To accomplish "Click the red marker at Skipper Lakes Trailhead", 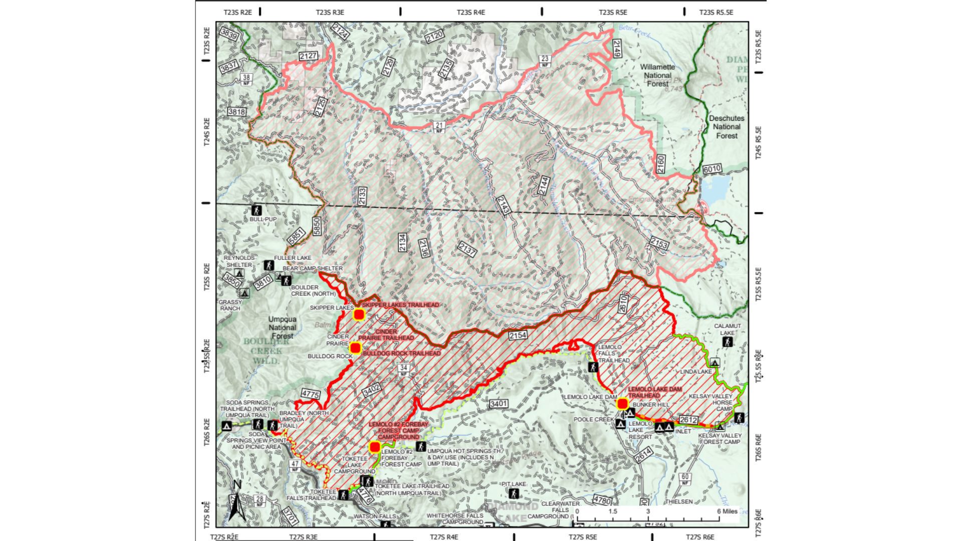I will pos(359,315).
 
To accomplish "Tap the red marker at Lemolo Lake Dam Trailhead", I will pos(623,404).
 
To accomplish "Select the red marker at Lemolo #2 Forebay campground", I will pos(374,447).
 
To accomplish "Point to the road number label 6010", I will pos(711,168).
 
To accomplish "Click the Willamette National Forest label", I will pos(657,75).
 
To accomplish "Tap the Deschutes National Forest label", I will pos(727,127).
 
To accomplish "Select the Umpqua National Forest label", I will pos(282,328).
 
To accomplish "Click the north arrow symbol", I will pos(236,501).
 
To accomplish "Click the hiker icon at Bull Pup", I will pos(257,210).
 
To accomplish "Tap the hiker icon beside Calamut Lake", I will pos(728,342).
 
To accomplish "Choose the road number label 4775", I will pos(311,394).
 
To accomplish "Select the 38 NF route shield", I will pos(246,80).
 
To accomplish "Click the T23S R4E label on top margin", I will pos(470,12).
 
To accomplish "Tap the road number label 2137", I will pos(466,249).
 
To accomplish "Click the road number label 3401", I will pos(499,403).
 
